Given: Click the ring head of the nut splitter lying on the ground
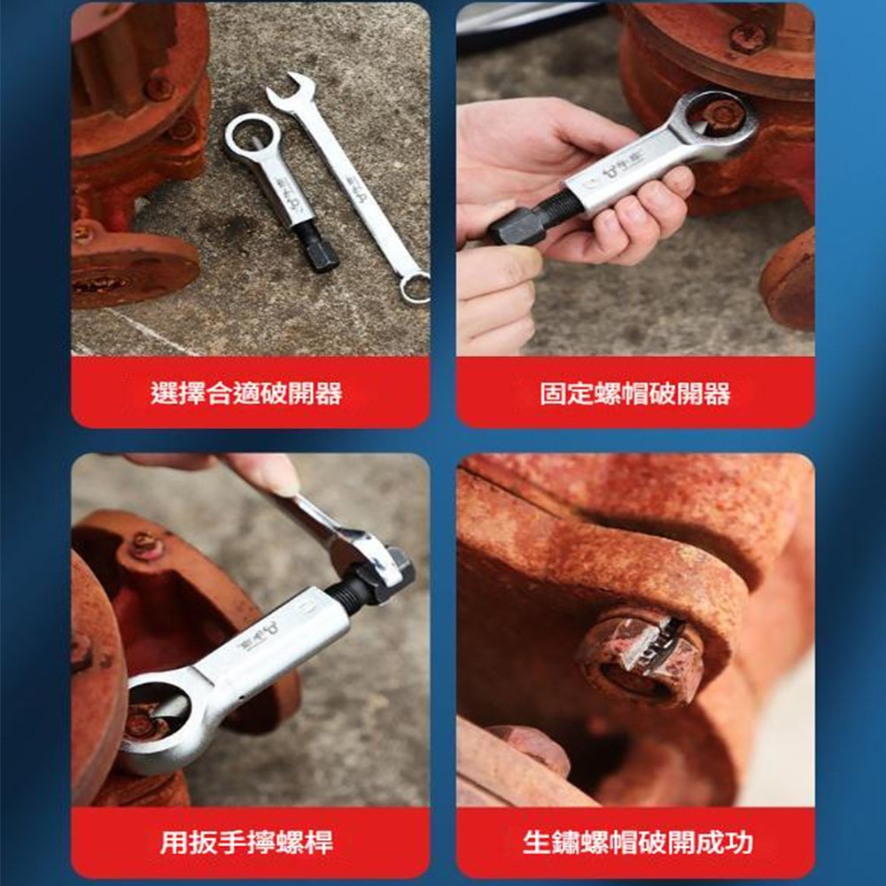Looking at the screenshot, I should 252,137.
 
